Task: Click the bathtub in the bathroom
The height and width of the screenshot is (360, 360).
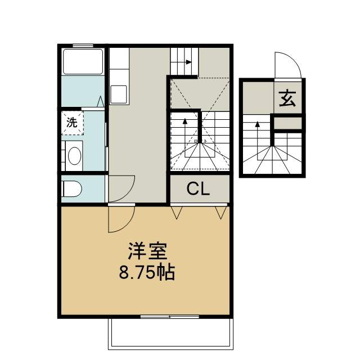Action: pyautogui.click(x=83, y=61)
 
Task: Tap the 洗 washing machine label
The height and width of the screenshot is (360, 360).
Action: pyautogui.click(x=71, y=123)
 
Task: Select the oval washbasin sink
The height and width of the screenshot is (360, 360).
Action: pyautogui.click(x=75, y=156)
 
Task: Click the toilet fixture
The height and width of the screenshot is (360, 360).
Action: pyautogui.click(x=71, y=189)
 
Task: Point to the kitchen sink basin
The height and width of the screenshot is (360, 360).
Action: pyautogui.click(x=119, y=94)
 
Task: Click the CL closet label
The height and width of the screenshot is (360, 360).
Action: pyautogui.click(x=198, y=189)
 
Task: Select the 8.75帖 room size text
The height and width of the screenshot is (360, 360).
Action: pyautogui.click(x=147, y=272)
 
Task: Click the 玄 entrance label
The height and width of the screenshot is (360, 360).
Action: pyautogui.click(x=287, y=99)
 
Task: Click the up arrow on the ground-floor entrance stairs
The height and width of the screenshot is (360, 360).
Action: pyautogui.click(x=258, y=141)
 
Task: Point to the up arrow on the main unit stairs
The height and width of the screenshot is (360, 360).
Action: pyautogui.click(x=185, y=138)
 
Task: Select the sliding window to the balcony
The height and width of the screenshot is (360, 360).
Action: pyautogui.click(x=170, y=317)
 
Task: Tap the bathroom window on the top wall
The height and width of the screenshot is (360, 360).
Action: pyautogui.click(x=83, y=46)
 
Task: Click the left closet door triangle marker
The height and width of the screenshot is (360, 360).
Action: pyautogui.click(x=176, y=213)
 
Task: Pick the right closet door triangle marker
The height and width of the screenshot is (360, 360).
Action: pyautogui.click(x=221, y=213)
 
